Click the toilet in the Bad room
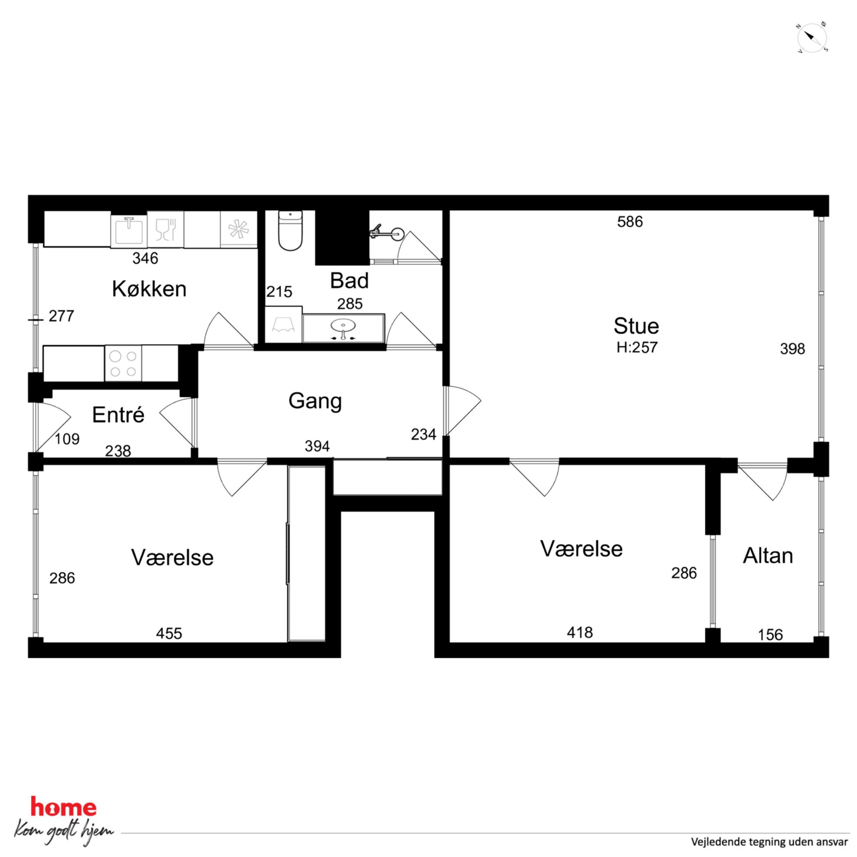(x=290, y=231)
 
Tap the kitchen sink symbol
(x=129, y=229)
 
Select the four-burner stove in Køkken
(x=123, y=363)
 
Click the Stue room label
(x=636, y=326)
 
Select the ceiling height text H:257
(x=637, y=347)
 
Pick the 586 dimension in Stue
(x=630, y=221)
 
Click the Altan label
(x=768, y=555)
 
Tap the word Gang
(x=315, y=401)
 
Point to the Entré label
(x=118, y=414)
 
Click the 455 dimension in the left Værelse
(x=169, y=633)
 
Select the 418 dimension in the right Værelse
(x=580, y=632)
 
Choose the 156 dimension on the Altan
(x=770, y=635)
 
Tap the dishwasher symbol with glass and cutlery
(x=165, y=229)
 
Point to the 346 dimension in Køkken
(x=145, y=258)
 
